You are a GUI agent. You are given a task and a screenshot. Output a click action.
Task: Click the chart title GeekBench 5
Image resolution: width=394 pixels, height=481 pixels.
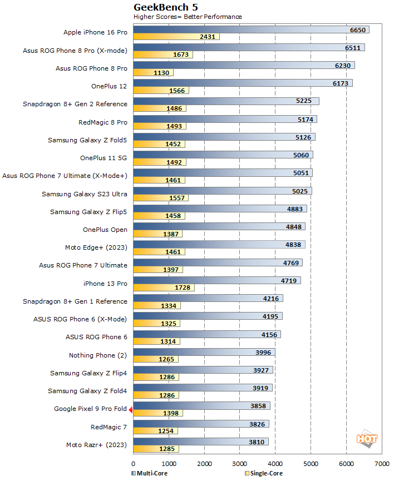point(165,7)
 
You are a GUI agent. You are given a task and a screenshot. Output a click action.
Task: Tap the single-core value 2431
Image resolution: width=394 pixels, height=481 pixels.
point(209,37)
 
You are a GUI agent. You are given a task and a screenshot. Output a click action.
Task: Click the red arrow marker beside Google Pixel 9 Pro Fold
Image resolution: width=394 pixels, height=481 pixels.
point(130,410)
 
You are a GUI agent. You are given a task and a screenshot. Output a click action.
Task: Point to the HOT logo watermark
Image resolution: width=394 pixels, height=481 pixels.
point(367,438)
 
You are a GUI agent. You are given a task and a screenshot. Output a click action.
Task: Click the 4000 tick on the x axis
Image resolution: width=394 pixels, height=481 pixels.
point(275,463)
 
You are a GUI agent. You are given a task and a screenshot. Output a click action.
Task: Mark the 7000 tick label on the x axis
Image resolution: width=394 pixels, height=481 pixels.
point(381,463)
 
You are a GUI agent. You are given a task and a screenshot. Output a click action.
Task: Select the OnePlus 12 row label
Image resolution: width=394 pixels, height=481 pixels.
point(109,86)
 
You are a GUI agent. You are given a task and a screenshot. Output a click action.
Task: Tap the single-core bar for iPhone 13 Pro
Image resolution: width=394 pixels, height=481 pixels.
point(164,287)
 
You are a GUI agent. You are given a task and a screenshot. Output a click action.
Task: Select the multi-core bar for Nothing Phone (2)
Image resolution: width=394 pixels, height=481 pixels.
point(204,352)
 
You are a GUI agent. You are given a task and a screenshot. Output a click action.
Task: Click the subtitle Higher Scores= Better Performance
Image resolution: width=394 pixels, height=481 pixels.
point(188,17)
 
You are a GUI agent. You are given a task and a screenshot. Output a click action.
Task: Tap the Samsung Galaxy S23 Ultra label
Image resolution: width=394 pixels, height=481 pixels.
point(85,194)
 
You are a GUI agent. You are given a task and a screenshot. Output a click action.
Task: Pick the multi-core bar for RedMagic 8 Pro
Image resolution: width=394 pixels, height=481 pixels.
point(225,119)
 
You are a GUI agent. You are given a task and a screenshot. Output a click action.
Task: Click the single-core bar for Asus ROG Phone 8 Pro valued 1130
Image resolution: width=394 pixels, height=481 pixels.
point(153,72)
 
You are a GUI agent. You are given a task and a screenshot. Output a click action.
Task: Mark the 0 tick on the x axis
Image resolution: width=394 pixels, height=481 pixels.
point(134,463)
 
